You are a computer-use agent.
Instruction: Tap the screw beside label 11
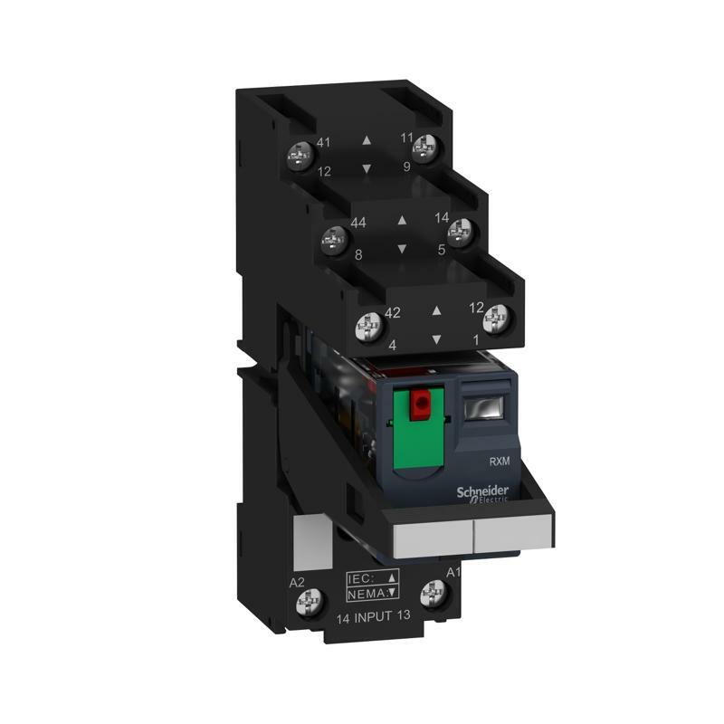pos(423,147)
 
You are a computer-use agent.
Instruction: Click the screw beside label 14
pos(462,230)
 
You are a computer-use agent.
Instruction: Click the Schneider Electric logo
pos(488,493)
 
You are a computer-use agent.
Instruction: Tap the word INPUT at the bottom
pos(371,618)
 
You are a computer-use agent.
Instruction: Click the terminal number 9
pos(408,167)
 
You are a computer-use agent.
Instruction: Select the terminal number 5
pos(441,250)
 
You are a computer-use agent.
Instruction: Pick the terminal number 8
pos(358,255)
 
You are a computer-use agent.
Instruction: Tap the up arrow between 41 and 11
pos(366,141)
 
